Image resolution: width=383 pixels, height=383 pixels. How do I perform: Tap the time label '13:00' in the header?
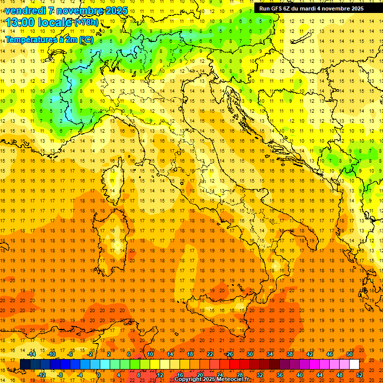point(22,22)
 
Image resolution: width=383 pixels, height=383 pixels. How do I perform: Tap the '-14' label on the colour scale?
point(32,354)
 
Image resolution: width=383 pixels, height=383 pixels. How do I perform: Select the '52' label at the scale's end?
point(360,375)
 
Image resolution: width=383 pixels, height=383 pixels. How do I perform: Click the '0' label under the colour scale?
point(99,375)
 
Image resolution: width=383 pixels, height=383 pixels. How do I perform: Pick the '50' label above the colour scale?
point(350,354)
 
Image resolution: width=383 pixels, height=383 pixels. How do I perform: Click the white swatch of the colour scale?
point(354,365)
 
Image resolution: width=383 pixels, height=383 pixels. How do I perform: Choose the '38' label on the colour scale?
point(290,354)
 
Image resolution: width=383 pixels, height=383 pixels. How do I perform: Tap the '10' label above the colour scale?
point(150,354)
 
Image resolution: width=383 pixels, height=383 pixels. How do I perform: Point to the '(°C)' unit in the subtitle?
point(86,39)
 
